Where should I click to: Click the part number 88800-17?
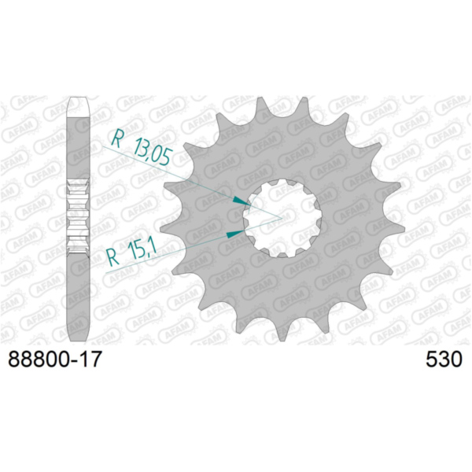pyautogui.click(x=55, y=359)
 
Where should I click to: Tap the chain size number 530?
pyautogui.click(x=444, y=359)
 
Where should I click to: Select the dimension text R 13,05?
pyautogui.click(x=142, y=147)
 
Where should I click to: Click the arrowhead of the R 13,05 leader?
pyautogui.click(x=242, y=201)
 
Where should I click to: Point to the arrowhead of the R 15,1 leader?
pyautogui.click(x=235, y=234)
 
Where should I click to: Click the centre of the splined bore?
pyautogui.click(x=282, y=218)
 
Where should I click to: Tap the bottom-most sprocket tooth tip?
pyautogui.click(x=282, y=340)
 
